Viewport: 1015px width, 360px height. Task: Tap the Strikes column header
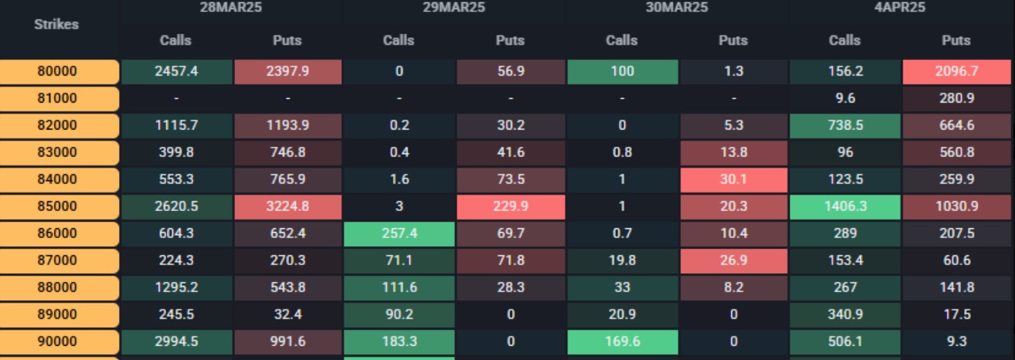[x=57, y=24]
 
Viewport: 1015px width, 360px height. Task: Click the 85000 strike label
[x=58, y=207]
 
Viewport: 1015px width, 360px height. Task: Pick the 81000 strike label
[x=58, y=99]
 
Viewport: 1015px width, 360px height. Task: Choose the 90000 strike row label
[x=58, y=341]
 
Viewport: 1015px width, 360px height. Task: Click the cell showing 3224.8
[x=287, y=207]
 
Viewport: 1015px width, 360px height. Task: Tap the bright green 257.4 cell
[x=398, y=234]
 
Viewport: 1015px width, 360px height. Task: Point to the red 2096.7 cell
[x=957, y=72]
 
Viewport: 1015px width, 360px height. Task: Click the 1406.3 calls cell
[x=844, y=207]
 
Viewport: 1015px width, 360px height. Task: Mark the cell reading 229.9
[x=510, y=207]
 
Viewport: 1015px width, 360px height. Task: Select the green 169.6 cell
[x=622, y=341]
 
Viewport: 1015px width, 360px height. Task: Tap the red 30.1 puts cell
[x=734, y=180]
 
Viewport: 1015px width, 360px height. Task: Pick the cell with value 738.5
[x=844, y=126]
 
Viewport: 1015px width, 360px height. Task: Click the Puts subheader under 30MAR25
[x=734, y=40]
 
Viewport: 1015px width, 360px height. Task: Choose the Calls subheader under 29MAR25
[x=398, y=40]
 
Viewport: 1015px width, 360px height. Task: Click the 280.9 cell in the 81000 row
[x=957, y=99]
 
